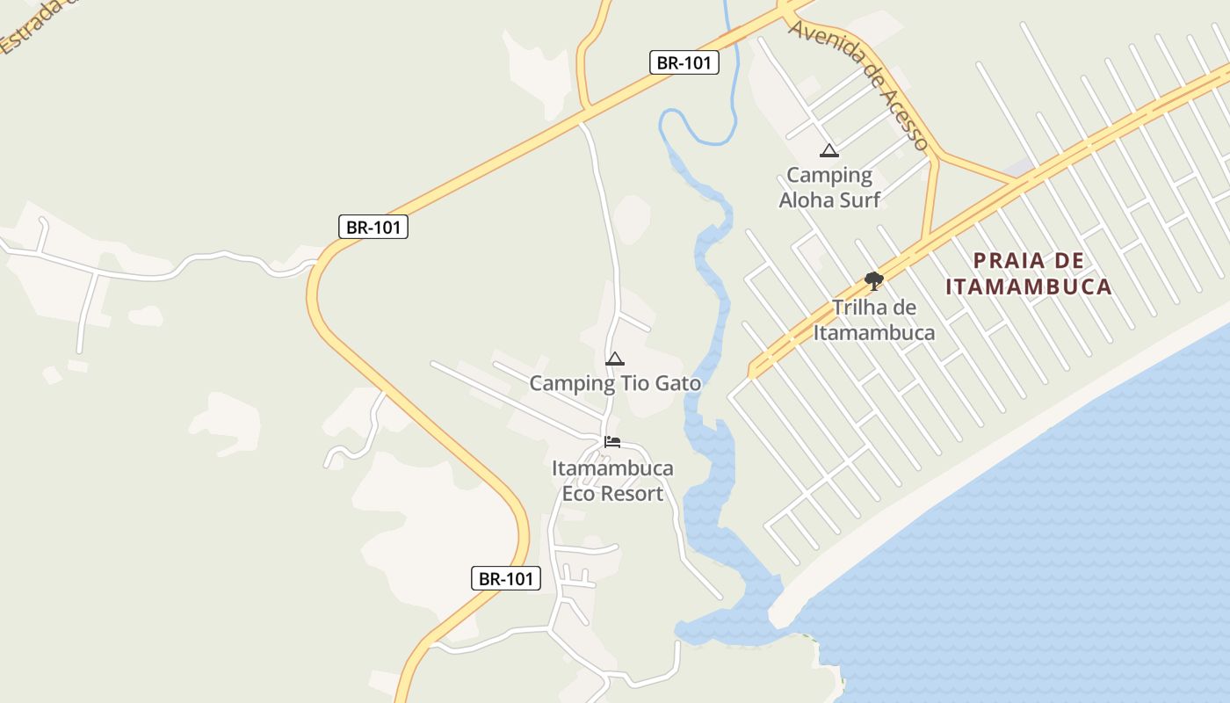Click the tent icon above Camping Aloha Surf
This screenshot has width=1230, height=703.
point(828,151)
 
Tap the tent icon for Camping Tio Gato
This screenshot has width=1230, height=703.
point(615,359)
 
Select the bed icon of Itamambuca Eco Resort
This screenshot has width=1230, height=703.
point(612,441)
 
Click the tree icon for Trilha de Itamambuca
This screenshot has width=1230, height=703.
point(873,281)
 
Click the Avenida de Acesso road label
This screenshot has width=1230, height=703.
point(858,83)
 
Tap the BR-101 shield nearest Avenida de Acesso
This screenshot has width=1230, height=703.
point(684,62)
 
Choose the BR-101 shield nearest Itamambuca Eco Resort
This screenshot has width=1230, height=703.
point(504,578)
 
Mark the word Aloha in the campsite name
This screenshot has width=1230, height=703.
point(806,199)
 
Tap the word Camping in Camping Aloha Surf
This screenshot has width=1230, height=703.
point(828,176)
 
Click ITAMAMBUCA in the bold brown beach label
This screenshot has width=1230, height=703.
point(1029,286)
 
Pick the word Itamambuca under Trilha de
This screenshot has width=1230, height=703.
point(873,332)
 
